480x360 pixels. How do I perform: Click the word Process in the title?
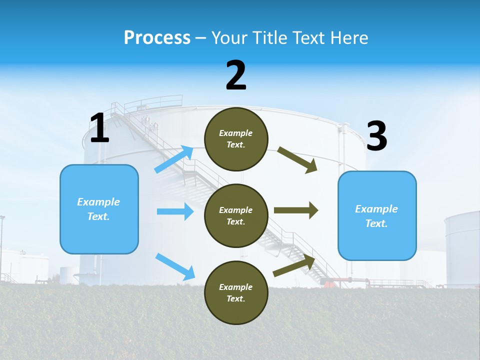(x=157, y=38)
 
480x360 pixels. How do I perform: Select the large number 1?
(x=99, y=128)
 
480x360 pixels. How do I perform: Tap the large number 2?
(x=236, y=75)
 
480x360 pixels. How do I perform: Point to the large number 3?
(x=377, y=136)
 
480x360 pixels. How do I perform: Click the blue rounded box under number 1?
(x=99, y=209)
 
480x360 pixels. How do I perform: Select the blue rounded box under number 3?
(x=377, y=216)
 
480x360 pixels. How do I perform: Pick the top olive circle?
(x=236, y=139)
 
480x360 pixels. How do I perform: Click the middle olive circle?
(x=236, y=216)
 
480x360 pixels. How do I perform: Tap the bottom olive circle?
(x=236, y=293)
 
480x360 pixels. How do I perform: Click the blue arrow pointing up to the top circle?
(x=174, y=159)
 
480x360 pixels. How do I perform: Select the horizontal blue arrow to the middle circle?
(x=175, y=211)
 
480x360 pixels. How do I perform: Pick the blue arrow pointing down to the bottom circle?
(x=175, y=266)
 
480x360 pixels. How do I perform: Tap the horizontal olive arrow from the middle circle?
(x=295, y=210)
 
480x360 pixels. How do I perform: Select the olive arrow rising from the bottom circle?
(x=294, y=265)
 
